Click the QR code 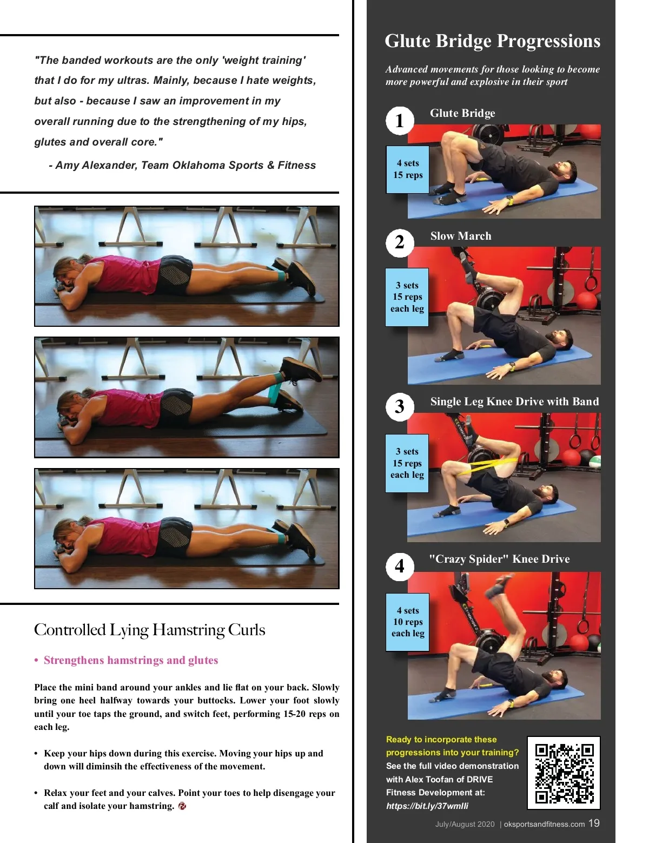(564, 773)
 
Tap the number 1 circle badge (400, 121)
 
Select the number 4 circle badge (400, 567)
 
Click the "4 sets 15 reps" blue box (407, 169)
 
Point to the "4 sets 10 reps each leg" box (407, 622)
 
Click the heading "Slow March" (461, 236)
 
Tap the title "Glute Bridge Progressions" (492, 41)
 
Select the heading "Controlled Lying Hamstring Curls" (150, 630)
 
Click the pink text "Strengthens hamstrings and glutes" (131, 660)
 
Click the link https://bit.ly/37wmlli (427, 806)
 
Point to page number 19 (594, 823)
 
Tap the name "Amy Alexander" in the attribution (96, 165)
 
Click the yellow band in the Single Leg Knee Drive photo (485, 465)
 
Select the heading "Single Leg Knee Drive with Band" (514, 401)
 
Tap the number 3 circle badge (400, 406)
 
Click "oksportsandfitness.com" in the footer (544, 825)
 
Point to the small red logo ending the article (182, 806)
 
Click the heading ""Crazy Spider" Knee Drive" (499, 559)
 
